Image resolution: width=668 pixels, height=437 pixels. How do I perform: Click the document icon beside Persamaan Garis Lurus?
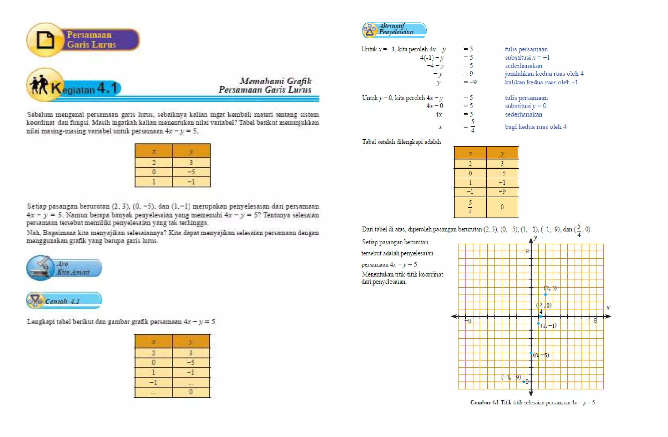(x=45, y=40)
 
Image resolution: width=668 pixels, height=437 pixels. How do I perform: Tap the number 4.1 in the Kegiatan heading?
(x=107, y=88)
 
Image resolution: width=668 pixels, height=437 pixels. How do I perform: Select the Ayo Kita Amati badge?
(x=64, y=268)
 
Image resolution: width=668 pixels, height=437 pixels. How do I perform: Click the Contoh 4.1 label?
(x=63, y=301)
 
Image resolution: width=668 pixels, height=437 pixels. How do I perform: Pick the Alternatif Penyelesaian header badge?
(x=394, y=30)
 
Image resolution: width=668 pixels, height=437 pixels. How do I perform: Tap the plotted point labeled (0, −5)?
(x=531, y=353)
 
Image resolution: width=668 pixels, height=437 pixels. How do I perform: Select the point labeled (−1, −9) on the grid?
(x=524, y=382)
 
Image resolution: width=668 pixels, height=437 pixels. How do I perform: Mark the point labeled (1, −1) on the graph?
(x=538, y=324)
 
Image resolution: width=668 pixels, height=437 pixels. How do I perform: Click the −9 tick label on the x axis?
(x=468, y=321)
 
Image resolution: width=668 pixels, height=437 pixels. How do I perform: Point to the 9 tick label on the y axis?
(x=527, y=251)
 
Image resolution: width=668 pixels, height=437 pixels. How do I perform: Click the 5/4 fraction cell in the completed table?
(x=470, y=207)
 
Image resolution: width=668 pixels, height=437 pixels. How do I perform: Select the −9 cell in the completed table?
(x=502, y=191)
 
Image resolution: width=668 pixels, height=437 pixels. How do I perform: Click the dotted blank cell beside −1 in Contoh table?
(x=191, y=382)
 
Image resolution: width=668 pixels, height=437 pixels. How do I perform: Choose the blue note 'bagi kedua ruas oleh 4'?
(x=535, y=127)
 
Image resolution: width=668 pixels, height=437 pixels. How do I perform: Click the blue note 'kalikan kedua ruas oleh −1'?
(x=541, y=82)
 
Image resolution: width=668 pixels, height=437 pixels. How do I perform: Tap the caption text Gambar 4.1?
(x=484, y=402)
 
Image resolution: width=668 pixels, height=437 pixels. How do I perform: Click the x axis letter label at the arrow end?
(x=608, y=308)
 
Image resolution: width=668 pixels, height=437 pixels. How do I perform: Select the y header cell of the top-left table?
(x=191, y=151)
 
